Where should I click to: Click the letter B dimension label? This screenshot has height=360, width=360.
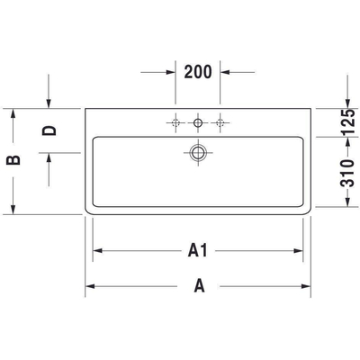pyautogui.click(x=12, y=162)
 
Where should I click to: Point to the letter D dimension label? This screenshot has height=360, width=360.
pyautogui.click(x=49, y=130)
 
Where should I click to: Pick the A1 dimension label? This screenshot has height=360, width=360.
pyautogui.click(x=198, y=251)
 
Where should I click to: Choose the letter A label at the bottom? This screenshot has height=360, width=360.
pyautogui.click(x=198, y=287)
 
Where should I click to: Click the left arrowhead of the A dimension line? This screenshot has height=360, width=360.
pyautogui.click(x=89, y=287)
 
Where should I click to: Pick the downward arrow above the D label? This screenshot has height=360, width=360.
pyautogui.click(x=49, y=103)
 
